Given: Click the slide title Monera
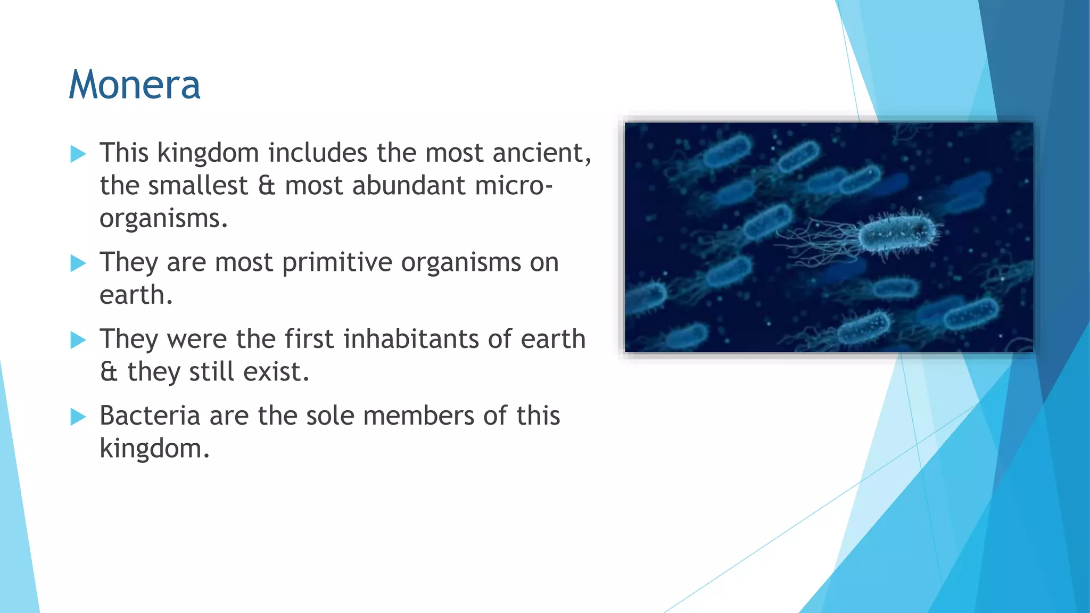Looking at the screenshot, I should [x=135, y=85].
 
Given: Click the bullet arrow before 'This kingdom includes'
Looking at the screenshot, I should [x=78, y=154].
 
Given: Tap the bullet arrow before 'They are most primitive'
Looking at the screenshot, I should [x=78, y=263].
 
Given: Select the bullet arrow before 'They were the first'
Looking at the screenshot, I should [x=78, y=340].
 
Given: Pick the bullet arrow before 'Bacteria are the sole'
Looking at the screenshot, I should [x=78, y=417].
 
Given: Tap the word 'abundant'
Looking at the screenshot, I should [x=409, y=186].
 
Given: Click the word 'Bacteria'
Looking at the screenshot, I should [x=150, y=416].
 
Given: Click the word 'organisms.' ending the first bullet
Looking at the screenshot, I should [x=163, y=219].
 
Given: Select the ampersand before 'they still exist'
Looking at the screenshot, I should [x=109, y=372].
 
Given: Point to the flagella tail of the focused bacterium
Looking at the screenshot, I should [x=820, y=239].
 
